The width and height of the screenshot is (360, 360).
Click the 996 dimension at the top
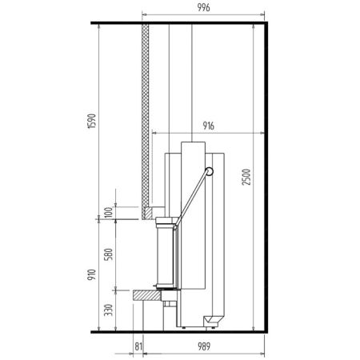[203, 7]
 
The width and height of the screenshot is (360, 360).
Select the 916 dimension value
[208, 126]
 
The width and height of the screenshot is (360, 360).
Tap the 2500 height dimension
[246, 177]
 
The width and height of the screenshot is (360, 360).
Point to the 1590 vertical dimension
[92, 121]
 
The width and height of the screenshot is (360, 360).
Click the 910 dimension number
[91, 274]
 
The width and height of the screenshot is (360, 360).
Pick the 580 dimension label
[108, 254]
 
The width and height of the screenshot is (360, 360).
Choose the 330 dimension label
[108, 310]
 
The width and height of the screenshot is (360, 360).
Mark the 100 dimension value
[109, 212]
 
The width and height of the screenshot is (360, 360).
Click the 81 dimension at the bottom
[138, 346]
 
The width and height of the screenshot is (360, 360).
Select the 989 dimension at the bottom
[204, 346]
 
